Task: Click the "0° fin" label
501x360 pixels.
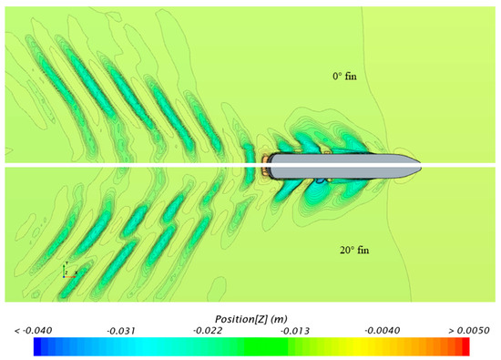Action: point(344,76)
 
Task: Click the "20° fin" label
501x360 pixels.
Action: point(354,250)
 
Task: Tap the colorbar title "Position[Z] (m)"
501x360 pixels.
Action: point(250,319)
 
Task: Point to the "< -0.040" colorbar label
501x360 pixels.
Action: point(33,330)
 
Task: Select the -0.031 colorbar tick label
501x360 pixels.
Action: point(121,331)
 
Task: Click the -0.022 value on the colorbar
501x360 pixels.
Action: point(208,330)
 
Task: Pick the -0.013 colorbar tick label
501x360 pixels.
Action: point(295,331)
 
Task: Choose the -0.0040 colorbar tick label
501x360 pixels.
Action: point(383,330)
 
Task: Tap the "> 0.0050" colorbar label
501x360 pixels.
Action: point(469,330)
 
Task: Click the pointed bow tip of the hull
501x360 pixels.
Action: point(421,166)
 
